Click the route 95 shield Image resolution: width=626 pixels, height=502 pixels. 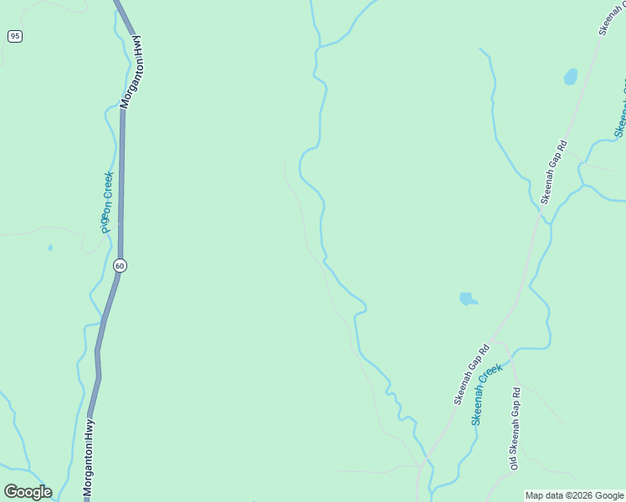(x=15, y=36)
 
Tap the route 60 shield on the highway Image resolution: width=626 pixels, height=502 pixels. (x=121, y=265)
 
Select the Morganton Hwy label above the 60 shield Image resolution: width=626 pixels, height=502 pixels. (x=131, y=72)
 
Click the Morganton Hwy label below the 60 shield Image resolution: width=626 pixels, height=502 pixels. (x=89, y=458)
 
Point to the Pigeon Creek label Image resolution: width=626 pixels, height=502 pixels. (x=105, y=202)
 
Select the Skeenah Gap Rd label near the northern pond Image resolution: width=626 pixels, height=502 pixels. (x=554, y=172)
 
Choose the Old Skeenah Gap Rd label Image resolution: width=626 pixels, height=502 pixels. (x=516, y=427)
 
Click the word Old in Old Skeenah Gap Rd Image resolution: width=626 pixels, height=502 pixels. (x=514, y=460)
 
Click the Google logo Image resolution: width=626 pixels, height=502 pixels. (x=28, y=492)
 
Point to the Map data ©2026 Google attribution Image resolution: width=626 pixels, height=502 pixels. (x=574, y=495)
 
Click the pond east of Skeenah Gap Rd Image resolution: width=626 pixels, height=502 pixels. (x=571, y=77)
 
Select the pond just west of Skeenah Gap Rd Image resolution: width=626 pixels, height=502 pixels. (x=467, y=299)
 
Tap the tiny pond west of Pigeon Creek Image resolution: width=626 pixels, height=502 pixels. (x=50, y=248)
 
